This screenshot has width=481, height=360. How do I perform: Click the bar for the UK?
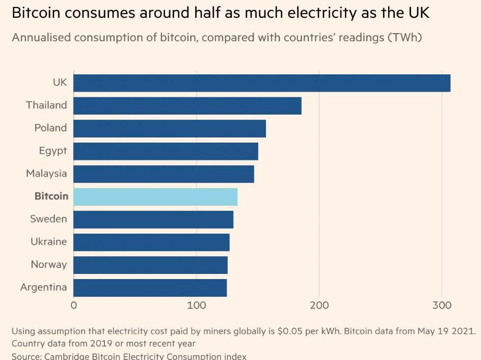(x=262, y=83)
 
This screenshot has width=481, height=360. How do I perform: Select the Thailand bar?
(x=188, y=106)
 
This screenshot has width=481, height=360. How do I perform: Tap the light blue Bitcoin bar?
(x=155, y=197)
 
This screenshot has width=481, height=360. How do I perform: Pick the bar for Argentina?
(x=150, y=288)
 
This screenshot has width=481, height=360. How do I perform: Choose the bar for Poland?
(x=170, y=128)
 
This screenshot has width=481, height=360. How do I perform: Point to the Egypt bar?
(x=166, y=151)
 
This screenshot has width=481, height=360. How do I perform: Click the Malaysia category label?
(x=46, y=174)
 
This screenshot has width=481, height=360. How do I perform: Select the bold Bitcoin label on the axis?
(x=51, y=196)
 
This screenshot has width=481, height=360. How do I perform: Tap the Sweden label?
(x=48, y=219)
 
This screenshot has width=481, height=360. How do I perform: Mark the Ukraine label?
(x=48, y=241)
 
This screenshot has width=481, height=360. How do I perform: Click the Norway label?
(x=48, y=264)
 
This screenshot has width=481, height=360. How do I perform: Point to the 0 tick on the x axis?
(x=74, y=306)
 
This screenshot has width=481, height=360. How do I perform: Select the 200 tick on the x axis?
(x=319, y=306)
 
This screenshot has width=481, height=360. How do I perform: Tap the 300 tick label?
(x=442, y=306)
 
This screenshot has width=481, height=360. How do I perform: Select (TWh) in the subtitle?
(x=405, y=38)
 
